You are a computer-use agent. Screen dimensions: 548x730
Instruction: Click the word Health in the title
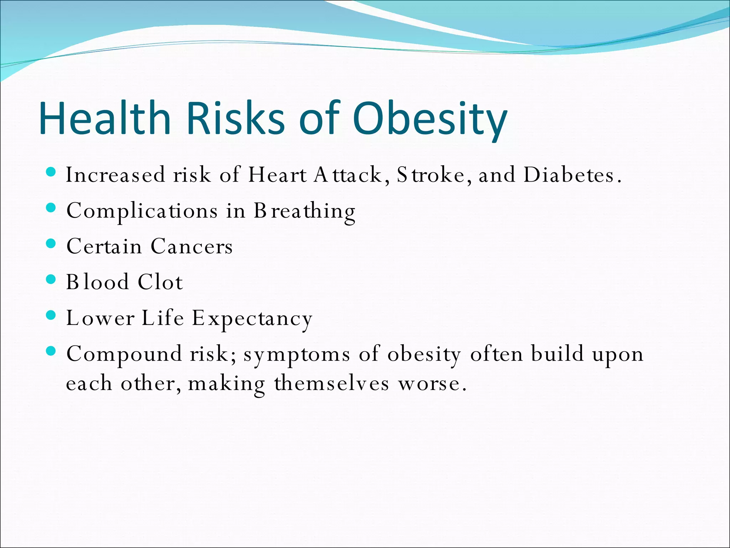click(105, 118)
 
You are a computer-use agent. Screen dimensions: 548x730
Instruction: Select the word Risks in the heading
click(235, 118)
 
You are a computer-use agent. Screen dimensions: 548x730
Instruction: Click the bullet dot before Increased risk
click(51, 173)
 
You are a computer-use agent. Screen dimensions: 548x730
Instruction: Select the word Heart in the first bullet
click(277, 175)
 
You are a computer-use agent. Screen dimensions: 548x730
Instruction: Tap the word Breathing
click(304, 211)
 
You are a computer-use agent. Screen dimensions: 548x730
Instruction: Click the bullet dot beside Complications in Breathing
click(51, 208)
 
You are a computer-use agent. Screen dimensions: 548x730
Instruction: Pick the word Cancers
click(192, 247)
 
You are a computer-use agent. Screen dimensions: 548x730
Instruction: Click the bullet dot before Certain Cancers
click(51, 244)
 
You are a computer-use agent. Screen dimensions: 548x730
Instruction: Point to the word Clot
click(160, 282)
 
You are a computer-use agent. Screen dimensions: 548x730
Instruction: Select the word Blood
click(97, 282)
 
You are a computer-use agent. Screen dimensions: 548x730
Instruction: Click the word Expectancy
click(252, 319)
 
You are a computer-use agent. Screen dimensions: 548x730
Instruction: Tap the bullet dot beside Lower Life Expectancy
click(51, 315)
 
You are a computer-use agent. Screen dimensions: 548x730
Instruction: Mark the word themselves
click(331, 384)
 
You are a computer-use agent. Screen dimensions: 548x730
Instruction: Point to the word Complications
click(142, 211)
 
